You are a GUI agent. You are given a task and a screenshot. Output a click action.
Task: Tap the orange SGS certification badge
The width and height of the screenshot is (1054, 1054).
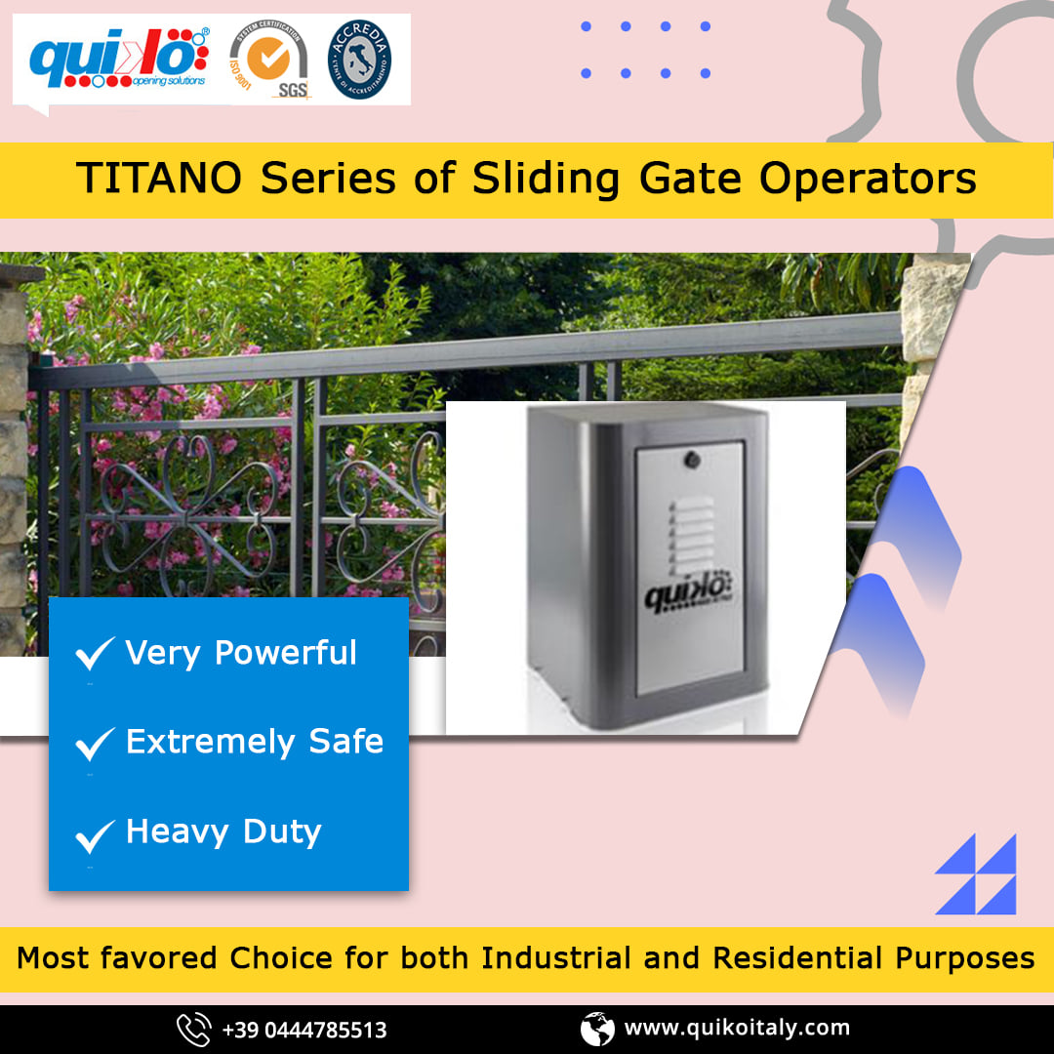268,61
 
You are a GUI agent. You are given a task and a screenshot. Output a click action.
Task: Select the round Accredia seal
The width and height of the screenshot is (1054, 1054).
359,61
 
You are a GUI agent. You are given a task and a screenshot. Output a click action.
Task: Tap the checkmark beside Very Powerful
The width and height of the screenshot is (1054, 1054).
96,654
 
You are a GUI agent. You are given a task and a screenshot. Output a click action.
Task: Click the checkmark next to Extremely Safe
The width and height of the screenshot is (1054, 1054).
96,745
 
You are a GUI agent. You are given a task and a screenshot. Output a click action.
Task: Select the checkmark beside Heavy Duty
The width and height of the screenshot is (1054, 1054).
96,835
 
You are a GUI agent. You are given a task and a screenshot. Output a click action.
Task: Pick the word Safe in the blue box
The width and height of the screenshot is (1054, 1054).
346,742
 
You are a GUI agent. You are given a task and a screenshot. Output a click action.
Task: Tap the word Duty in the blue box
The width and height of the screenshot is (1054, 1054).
282,832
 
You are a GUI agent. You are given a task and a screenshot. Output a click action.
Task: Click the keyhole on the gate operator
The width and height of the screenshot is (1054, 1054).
691,457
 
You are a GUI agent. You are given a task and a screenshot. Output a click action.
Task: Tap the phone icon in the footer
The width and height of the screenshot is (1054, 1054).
193,1029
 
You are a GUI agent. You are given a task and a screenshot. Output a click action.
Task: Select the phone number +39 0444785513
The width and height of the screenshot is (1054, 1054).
304,1030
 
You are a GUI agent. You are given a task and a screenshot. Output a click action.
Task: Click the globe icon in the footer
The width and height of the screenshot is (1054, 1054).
597,1029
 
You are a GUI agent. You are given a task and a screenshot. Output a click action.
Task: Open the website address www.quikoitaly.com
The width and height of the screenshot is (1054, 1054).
737,1028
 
